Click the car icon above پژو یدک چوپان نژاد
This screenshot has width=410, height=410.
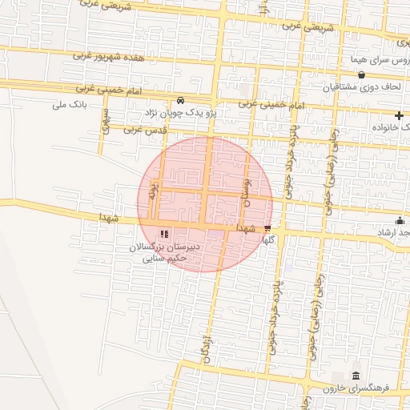click(x=180, y=101)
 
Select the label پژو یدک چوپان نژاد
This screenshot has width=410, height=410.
click(x=180, y=114)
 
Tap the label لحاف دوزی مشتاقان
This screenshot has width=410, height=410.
click(x=361, y=88)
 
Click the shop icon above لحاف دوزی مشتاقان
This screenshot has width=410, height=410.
click(x=361, y=75)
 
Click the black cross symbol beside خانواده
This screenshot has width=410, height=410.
click(x=399, y=116)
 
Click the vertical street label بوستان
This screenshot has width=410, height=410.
click(x=247, y=192)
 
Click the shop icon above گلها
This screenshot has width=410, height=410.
click(x=267, y=227)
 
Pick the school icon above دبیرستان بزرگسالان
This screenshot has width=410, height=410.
click(x=164, y=235)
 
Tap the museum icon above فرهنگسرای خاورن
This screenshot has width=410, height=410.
click(x=356, y=376)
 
